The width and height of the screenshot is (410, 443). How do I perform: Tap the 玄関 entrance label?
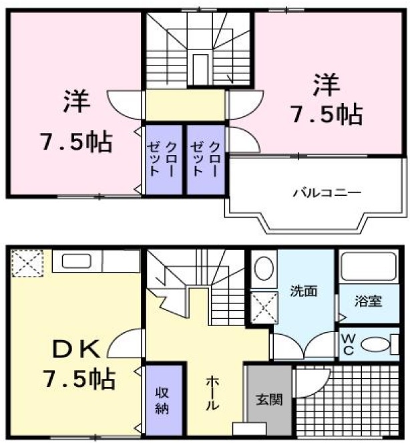(269, 400)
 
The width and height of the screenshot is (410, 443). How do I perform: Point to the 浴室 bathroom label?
(368, 300)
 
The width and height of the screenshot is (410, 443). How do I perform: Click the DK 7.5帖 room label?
(79, 364)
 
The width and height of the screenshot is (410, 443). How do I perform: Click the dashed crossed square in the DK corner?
(27, 262)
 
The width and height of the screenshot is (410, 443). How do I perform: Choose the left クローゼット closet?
(164, 159)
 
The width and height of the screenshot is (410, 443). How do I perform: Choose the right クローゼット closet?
(206, 159)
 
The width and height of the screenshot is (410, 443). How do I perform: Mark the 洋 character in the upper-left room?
(77, 102)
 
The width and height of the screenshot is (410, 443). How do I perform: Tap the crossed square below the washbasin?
(264, 308)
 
